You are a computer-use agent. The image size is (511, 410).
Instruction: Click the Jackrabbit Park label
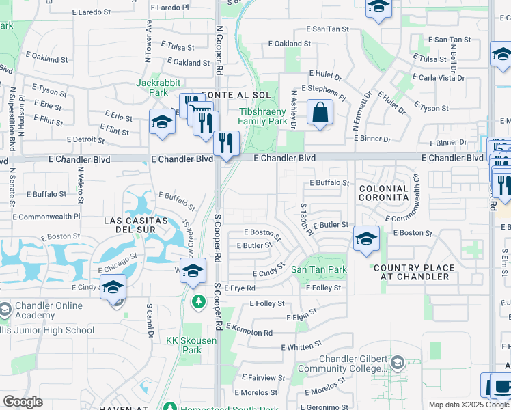(x=152, y=87)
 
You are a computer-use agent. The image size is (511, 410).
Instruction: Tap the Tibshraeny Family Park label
(x=263, y=116)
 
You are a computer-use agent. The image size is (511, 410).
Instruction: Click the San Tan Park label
(x=319, y=270)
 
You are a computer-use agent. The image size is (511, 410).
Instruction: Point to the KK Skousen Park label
(x=183, y=344)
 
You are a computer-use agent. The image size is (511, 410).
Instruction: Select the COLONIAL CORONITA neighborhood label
(x=383, y=193)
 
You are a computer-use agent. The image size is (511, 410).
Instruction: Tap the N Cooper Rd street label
(x=219, y=51)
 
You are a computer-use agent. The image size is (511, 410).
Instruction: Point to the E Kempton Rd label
(x=249, y=332)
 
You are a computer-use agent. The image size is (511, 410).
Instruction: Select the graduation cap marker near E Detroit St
(x=162, y=122)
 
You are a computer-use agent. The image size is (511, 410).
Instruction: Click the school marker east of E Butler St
(x=366, y=238)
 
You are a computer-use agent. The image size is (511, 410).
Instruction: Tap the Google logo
(x=23, y=401)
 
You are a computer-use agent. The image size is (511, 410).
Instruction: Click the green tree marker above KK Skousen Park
(x=198, y=301)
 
